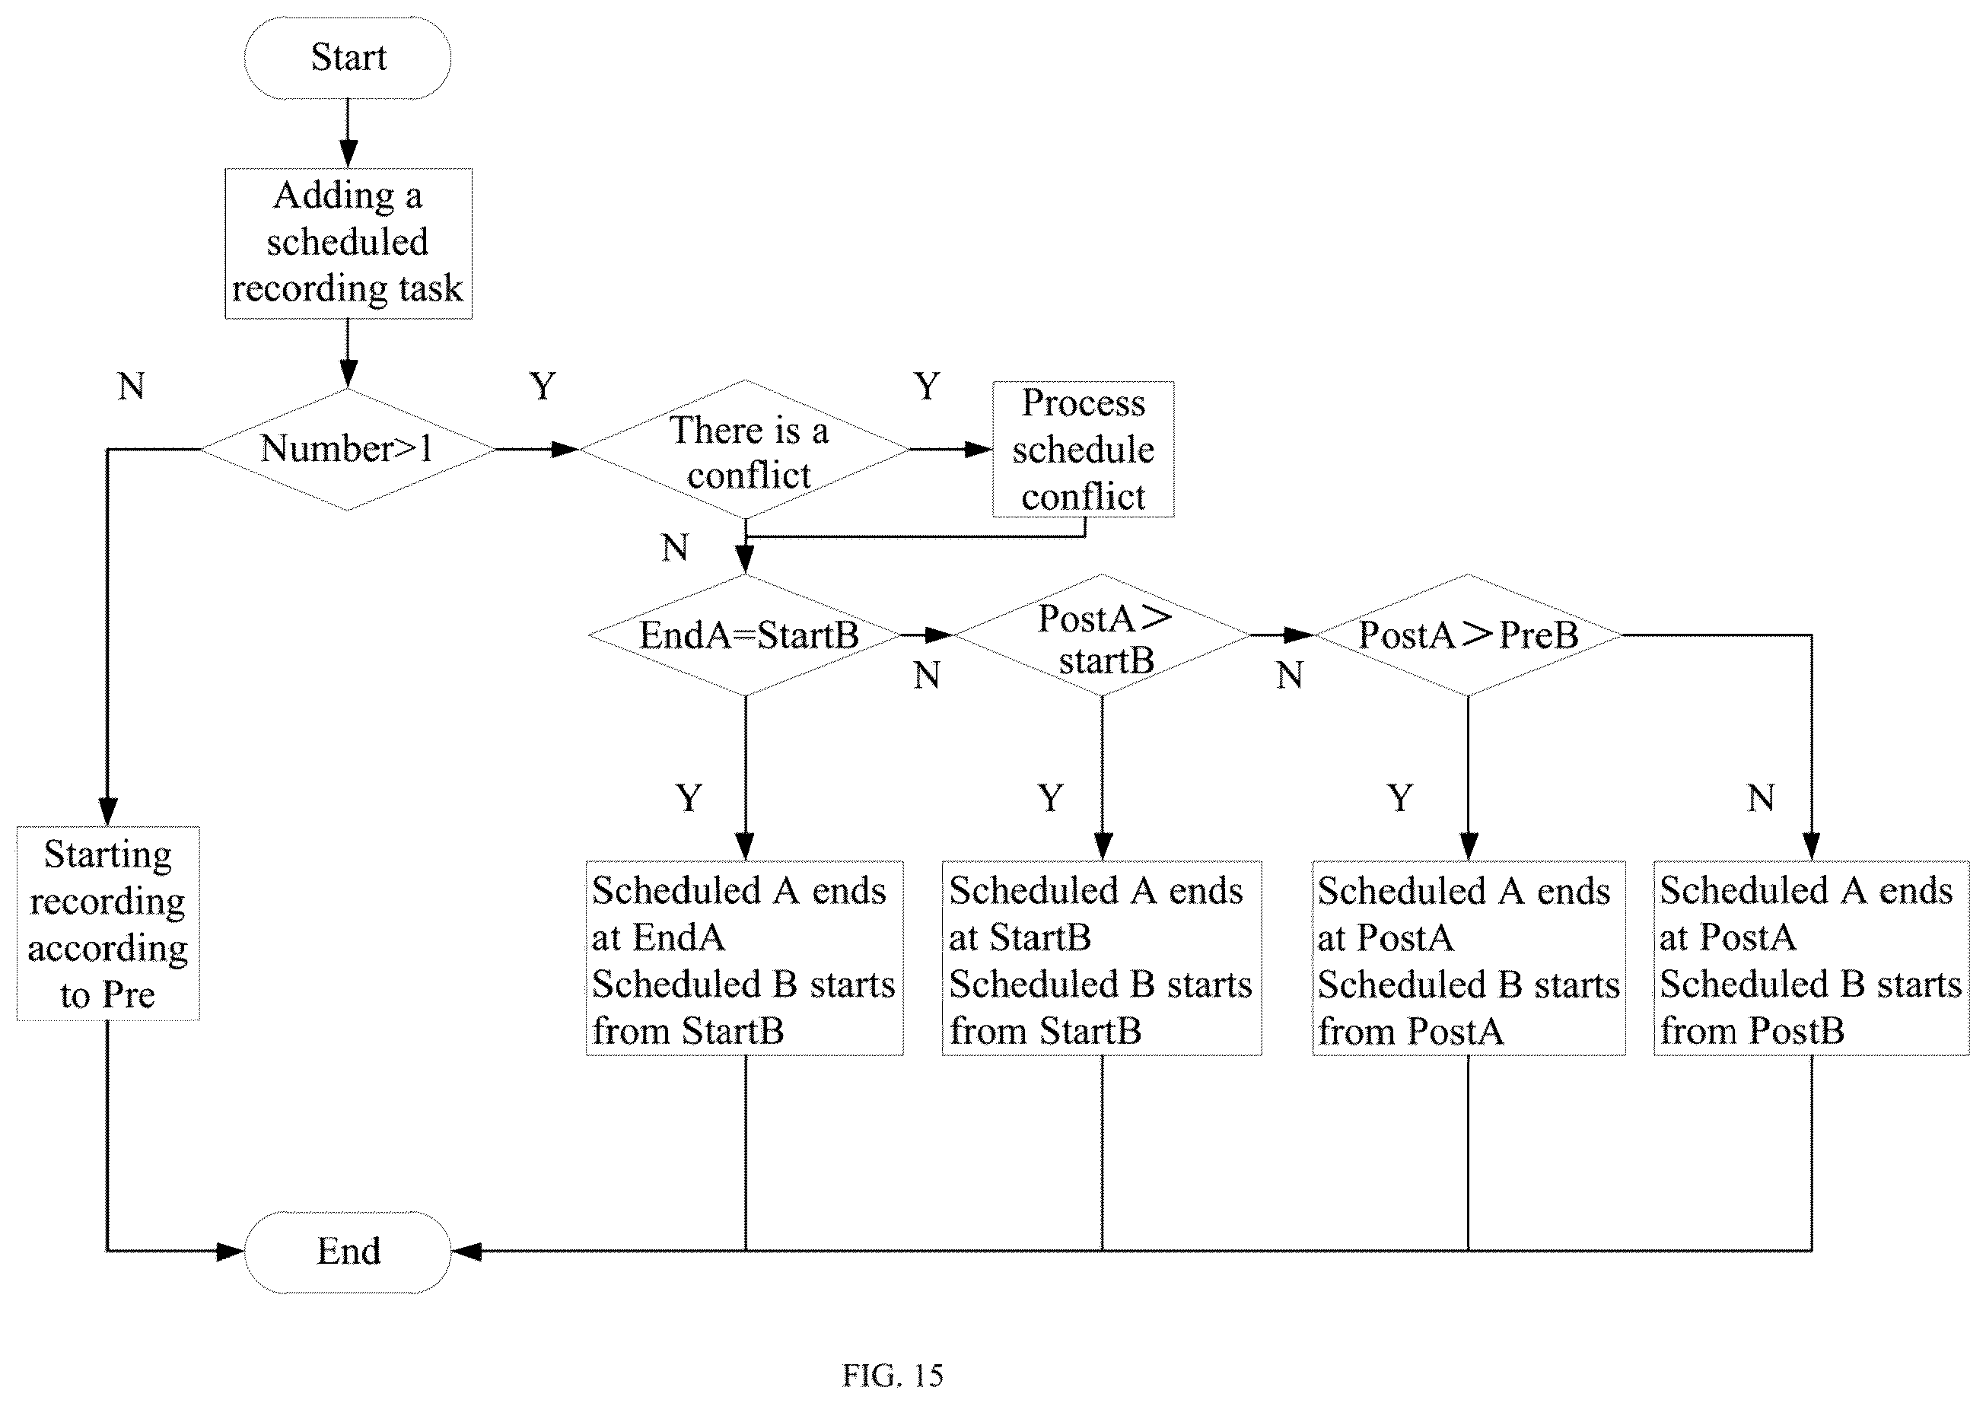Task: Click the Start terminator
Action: [x=348, y=57]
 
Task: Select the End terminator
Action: [x=348, y=1252]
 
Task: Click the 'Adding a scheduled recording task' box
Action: [x=349, y=243]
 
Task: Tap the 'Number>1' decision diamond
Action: [x=348, y=449]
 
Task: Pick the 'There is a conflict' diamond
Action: [x=745, y=449]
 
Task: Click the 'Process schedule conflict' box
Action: [x=1083, y=449]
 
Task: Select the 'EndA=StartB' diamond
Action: [x=745, y=635]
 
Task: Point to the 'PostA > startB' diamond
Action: [x=1102, y=635]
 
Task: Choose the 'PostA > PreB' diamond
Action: [x=1468, y=635]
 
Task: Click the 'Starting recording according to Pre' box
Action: [x=108, y=924]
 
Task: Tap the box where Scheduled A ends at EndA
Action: [x=745, y=959]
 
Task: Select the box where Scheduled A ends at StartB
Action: [x=1102, y=959]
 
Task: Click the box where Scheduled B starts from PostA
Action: [x=1469, y=959]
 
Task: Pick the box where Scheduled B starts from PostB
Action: [x=1811, y=959]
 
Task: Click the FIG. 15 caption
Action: [x=893, y=1376]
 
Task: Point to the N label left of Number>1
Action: [x=132, y=386]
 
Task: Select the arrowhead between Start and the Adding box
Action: [x=348, y=153]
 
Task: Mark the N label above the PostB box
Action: [x=1761, y=797]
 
